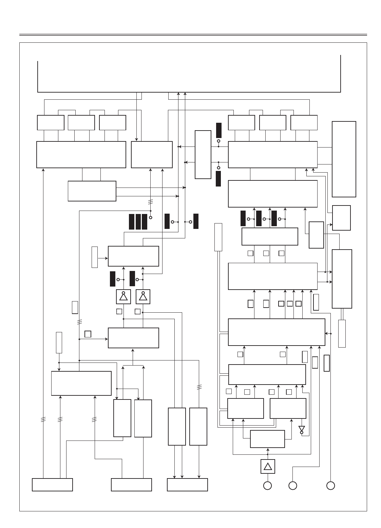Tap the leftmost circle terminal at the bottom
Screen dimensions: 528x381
(x=267, y=486)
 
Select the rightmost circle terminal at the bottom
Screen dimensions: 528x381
(x=331, y=486)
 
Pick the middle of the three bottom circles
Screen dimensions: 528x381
(x=293, y=486)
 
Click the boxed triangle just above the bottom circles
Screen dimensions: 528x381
(x=268, y=466)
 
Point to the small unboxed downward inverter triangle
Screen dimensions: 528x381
(x=302, y=429)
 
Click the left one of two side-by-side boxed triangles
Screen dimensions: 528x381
(x=123, y=297)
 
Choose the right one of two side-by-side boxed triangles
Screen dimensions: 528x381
(x=143, y=297)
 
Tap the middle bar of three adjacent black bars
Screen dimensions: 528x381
(x=138, y=222)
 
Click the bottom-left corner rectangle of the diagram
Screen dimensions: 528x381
(x=52, y=485)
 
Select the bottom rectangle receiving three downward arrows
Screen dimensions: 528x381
(x=187, y=485)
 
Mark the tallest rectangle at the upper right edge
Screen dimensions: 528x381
(x=344, y=159)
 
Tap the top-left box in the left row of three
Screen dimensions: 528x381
(x=51, y=122)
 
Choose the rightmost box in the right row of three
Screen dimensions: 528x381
(x=304, y=122)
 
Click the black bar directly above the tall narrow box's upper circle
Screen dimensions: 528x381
(x=218, y=130)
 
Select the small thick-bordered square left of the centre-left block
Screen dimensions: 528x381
(x=88, y=334)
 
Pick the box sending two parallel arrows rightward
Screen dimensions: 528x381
(x=92, y=191)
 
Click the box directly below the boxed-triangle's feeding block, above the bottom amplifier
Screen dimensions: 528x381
(x=267, y=439)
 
